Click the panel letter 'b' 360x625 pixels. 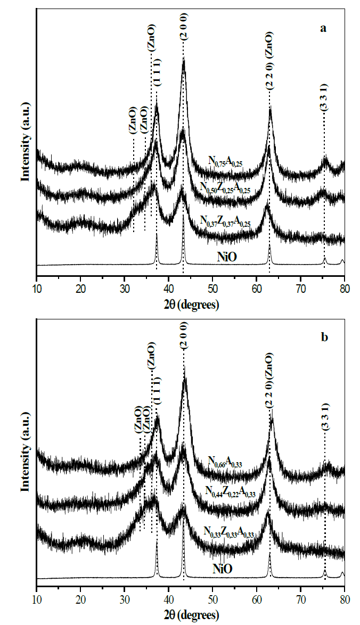coord(323,338)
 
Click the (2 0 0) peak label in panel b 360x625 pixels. coord(184,338)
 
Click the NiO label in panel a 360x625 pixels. coord(227,257)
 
